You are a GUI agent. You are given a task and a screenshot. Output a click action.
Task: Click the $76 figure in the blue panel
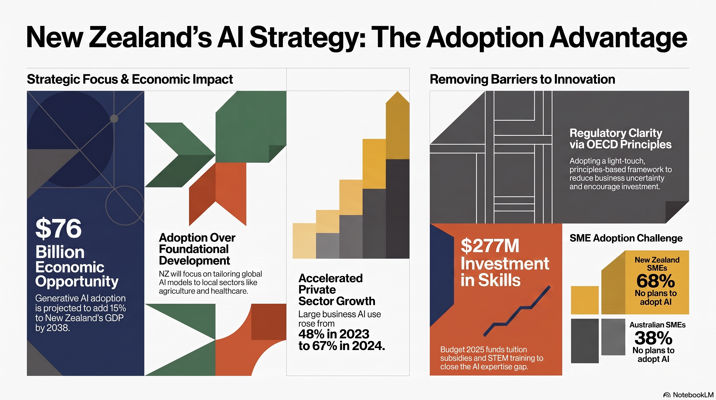(58, 229)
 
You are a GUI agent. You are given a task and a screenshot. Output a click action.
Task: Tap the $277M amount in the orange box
(490, 246)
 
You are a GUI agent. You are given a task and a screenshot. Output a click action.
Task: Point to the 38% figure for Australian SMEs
(654, 338)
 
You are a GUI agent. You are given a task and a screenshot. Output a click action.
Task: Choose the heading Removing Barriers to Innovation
(522, 79)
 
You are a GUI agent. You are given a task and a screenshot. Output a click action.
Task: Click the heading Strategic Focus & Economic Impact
(130, 79)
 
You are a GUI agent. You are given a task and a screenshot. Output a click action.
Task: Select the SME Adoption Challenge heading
(626, 238)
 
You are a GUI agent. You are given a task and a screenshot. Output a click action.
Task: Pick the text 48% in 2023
(334, 334)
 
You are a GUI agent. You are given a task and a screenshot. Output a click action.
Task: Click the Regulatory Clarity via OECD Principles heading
(620, 139)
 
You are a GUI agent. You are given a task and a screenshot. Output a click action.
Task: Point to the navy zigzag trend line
(517, 311)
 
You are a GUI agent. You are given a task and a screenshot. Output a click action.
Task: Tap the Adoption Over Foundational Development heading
(197, 249)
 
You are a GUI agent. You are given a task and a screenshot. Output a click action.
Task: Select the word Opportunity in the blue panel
(77, 282)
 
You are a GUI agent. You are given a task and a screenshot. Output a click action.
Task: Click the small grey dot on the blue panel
(114, 119)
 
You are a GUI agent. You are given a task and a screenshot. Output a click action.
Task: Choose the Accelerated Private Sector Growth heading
(337, 290)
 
